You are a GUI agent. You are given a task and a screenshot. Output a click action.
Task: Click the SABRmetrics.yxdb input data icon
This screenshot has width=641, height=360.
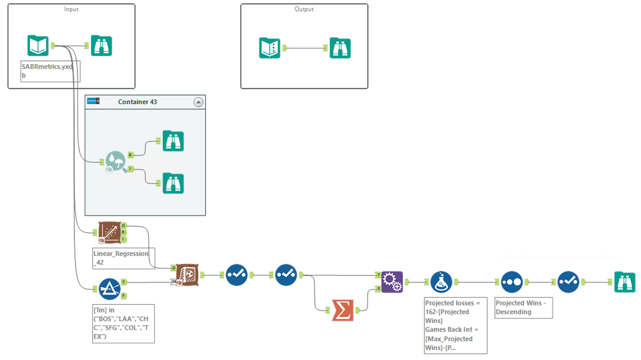[x=38, y=46]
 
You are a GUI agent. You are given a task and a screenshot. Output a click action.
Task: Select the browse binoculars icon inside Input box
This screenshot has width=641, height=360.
[x=101, y=46]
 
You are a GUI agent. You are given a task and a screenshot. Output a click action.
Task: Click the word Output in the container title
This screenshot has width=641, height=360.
[x=305, y=9]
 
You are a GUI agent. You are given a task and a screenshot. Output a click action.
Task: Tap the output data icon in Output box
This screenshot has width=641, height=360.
[x=269, y=47]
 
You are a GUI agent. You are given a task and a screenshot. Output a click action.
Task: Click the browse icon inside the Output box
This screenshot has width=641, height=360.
[x=340, y=47]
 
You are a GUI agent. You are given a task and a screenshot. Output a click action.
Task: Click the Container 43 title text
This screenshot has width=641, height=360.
[x=137, y=102]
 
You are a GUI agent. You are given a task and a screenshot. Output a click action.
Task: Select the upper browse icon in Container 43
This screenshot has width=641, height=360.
[x=173, y=141]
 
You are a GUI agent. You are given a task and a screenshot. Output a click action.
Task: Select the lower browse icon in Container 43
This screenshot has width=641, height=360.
[x=173, y=183]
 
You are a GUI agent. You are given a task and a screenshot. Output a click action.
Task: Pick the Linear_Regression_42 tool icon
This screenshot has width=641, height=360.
[x=109, y=234]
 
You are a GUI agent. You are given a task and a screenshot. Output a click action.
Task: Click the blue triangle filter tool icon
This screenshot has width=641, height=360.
[x=109, y=289]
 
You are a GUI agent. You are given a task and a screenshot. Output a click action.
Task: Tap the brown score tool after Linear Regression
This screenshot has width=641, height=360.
[x=187, y=274]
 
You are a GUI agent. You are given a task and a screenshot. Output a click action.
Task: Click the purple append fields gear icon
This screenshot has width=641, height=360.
[x=392, y=282]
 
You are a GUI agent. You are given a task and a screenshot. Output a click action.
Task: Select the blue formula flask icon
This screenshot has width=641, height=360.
[x=440, y=282]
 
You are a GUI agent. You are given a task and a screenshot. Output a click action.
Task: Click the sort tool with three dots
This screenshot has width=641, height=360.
[x=511, y=282]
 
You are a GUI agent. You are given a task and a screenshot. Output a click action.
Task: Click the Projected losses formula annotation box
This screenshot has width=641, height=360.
[x=455, y=325]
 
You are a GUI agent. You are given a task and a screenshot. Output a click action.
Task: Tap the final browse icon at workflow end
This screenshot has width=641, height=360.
[x=624, y=282]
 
